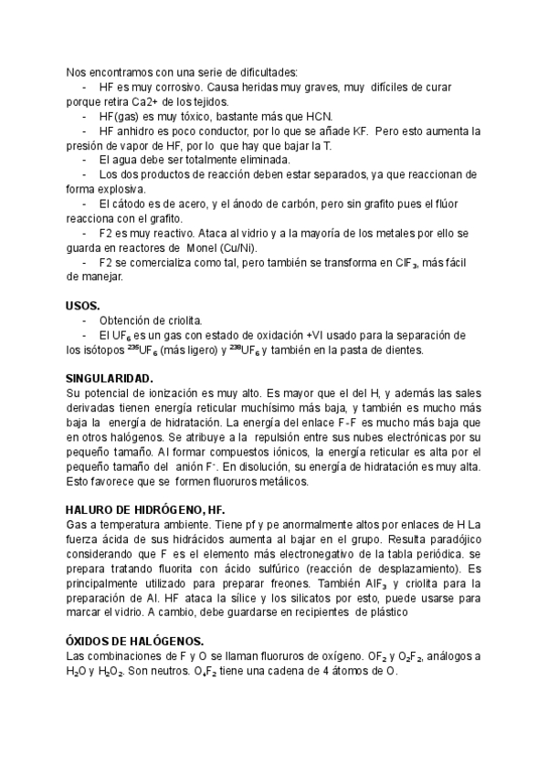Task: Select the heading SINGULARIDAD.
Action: (111, 378)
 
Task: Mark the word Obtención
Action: (128, 319)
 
